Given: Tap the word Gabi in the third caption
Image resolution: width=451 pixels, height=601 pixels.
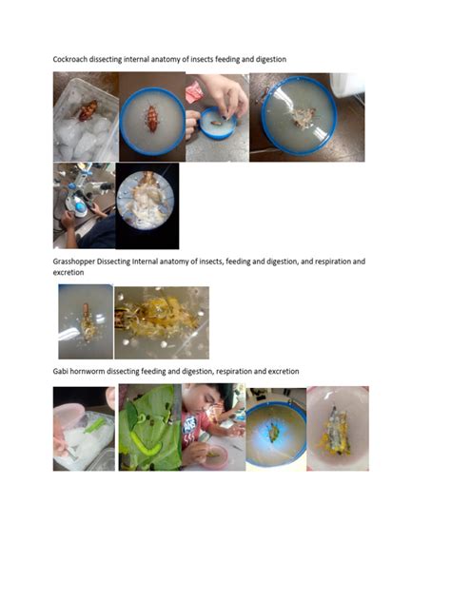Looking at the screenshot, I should (x=62, y=370).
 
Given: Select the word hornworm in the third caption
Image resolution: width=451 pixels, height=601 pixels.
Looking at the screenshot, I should (x=93, y=370).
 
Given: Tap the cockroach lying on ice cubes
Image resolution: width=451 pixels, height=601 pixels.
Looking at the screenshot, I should (x=88, y=110).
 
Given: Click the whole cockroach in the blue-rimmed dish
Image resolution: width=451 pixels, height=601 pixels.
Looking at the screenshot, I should (x=152, y=118).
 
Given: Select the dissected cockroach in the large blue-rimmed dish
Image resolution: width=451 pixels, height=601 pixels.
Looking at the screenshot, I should (x=304, y=117).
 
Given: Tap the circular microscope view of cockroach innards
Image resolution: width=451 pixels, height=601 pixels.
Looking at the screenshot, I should (x=147, y=205).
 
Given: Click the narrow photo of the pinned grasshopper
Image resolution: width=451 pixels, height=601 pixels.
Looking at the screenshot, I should (x=85, y=321).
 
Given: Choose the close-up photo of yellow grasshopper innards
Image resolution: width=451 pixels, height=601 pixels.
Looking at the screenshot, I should (x=162, y=322).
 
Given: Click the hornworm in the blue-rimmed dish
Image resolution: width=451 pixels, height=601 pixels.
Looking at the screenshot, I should (x=274, y=433).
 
